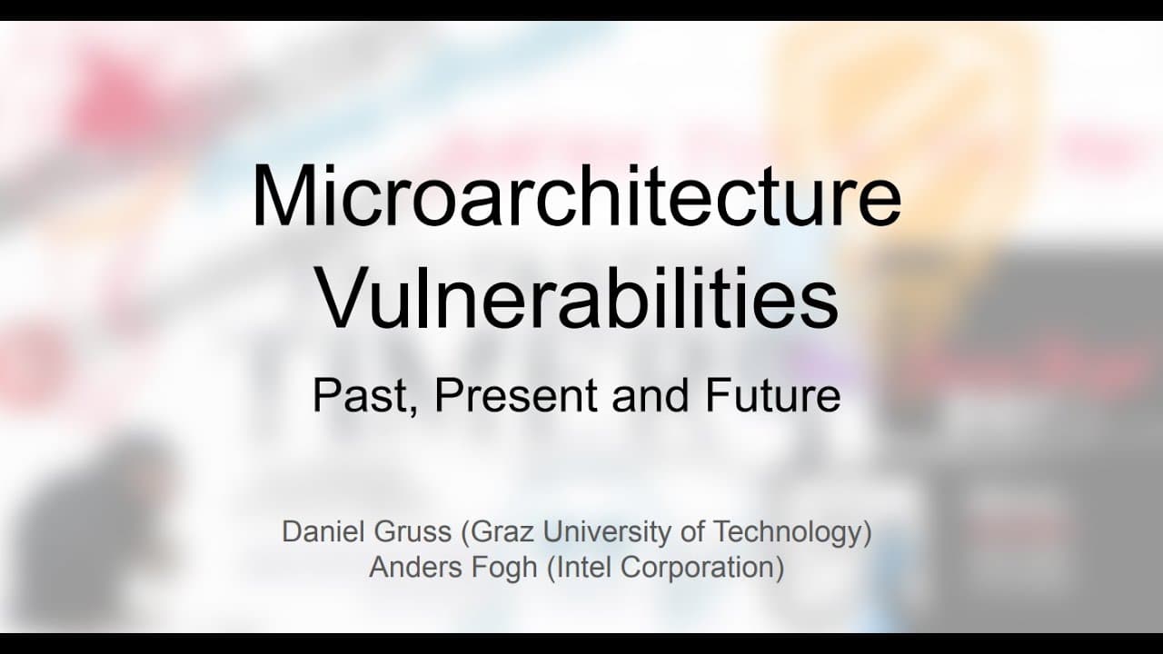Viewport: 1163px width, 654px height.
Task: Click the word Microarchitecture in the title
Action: (x=576, y=194)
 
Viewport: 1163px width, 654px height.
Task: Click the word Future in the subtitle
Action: (x=772, y=396)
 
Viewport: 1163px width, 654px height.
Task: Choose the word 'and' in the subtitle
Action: (x=651, y=396)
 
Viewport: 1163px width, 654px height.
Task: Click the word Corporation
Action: (x=701, y=568)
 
